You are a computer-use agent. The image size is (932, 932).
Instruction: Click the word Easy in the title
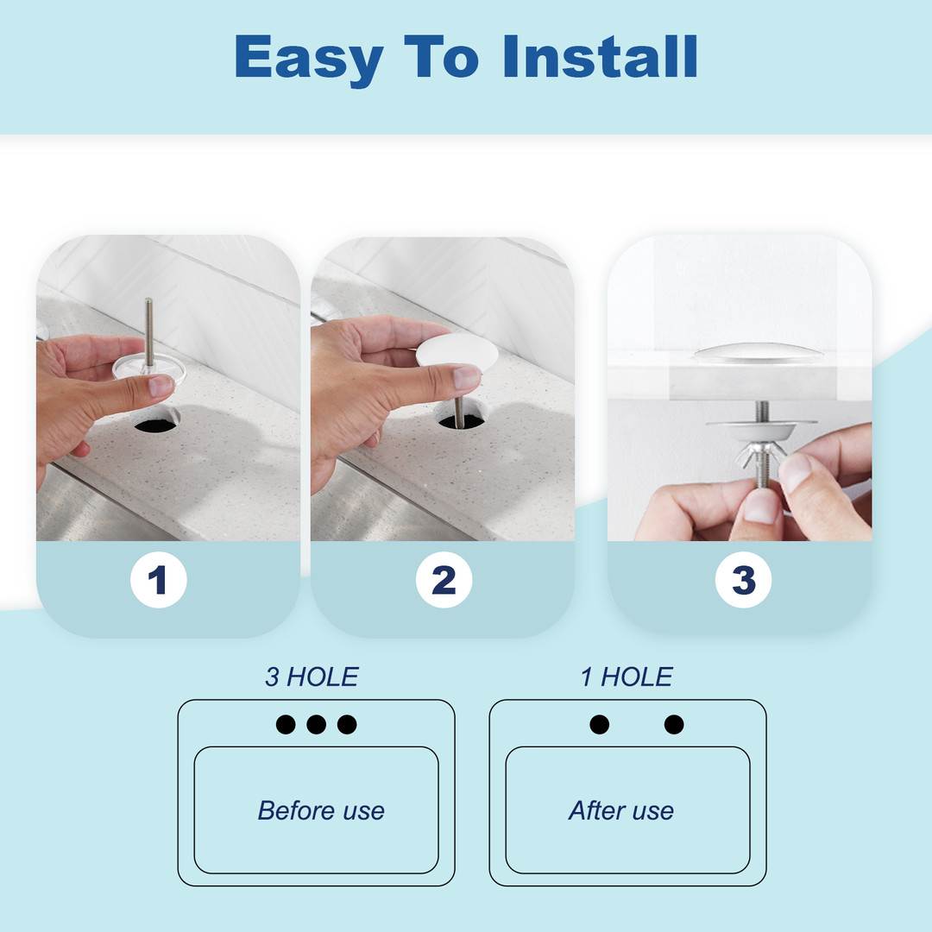pos(309,60)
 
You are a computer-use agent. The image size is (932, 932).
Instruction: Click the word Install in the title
pos(601,56)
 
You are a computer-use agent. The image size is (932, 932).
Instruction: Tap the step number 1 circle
pos(158,580)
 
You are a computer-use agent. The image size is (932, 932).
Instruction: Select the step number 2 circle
pos(444,580)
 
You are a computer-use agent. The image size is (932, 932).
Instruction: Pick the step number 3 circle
pos(744,580)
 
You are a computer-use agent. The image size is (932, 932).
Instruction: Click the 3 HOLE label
pos(312,677)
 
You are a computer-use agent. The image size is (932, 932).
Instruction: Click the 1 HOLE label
pos(627,677)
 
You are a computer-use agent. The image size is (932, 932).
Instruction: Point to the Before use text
pos(321,810)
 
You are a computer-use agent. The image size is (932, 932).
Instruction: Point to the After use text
pos(621,810)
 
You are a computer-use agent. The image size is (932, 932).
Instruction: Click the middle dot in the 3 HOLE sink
pos(316,725)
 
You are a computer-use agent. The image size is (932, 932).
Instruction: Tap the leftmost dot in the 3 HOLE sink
pos(286,725)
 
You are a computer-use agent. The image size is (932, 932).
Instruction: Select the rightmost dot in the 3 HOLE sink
pos(347,725)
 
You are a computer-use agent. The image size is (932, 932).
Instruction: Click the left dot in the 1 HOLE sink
pos(599,725)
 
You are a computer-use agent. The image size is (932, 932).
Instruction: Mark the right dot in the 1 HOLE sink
pos(674,725)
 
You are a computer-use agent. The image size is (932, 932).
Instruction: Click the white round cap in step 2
pos(449,352)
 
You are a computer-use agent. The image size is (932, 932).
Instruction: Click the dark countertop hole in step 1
pos(156,425)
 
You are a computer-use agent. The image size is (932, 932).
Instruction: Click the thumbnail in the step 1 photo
pos(161,386)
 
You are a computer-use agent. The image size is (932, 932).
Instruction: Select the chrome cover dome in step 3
pos(759,353)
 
